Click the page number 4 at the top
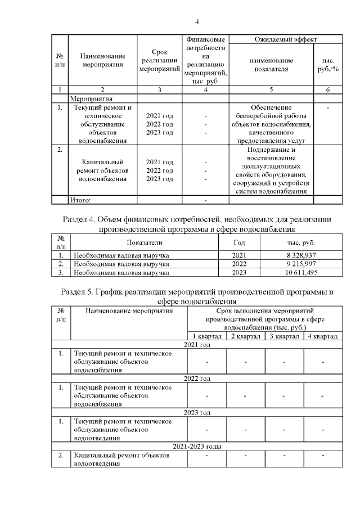197,22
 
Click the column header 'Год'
239,242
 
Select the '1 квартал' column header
206,336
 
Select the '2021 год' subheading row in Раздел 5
197,345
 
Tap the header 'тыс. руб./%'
327,65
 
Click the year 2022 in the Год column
239,264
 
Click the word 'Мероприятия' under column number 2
89,97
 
